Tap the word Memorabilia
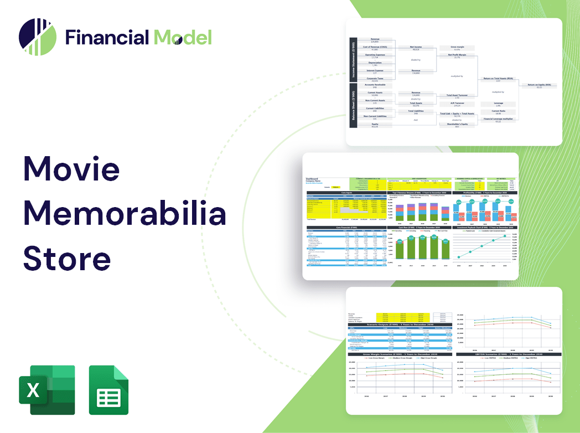tap(125, 214)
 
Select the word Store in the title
tap(67, 257)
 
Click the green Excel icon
tap(47, 390)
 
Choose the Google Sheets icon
tap(109, 390)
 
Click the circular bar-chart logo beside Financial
tap(37, 37)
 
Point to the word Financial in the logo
tap(107, 38)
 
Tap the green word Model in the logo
tap(183, 38)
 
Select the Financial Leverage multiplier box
tap(498, 120)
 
